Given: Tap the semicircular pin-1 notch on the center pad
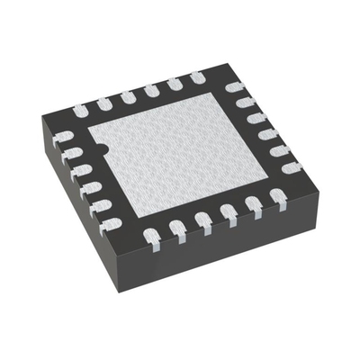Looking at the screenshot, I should tap(102, 147).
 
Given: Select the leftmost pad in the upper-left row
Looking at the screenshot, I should tap(82, 109).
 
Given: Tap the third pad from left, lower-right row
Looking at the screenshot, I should tap(203, 220).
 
